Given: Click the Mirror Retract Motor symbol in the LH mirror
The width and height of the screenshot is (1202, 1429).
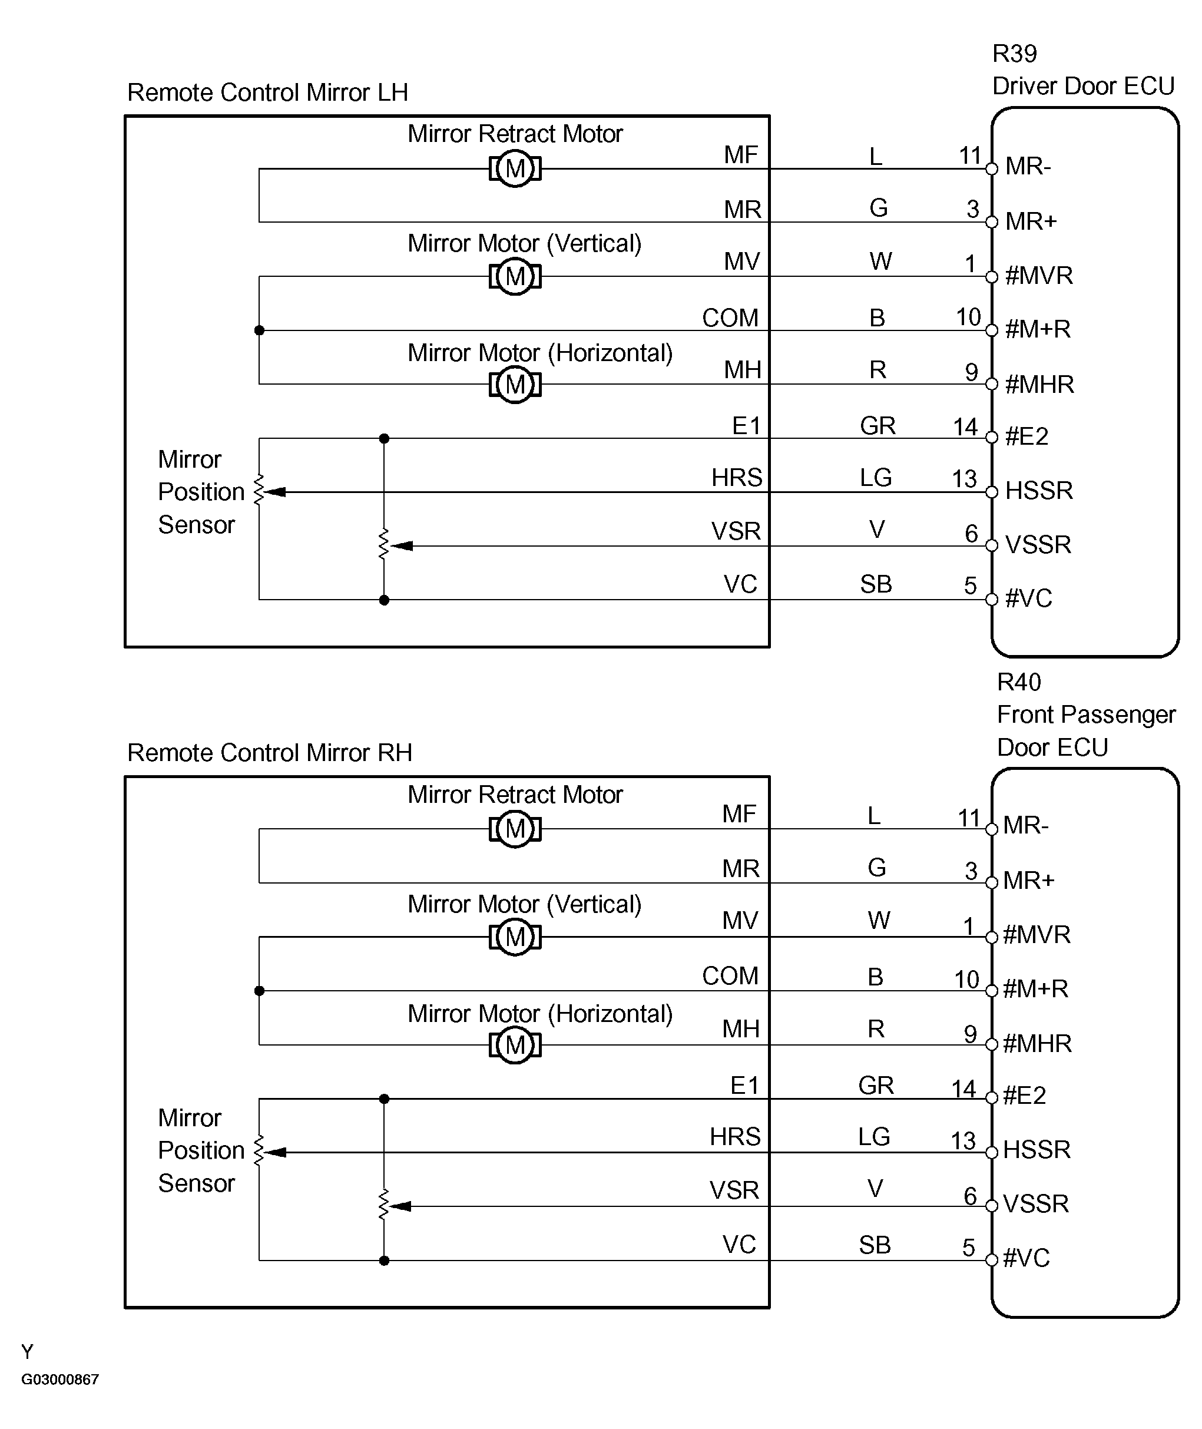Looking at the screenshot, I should (x=515, y=168).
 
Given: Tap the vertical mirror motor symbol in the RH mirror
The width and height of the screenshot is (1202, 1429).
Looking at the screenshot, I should (x=515, y=937).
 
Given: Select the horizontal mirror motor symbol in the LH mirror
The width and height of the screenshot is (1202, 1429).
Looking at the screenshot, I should (x=515, y=384).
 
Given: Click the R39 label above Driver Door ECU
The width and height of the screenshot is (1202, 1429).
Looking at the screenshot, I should (x=1015, y=54).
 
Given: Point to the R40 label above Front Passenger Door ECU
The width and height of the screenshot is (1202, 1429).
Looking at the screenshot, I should (x=1019, y=682).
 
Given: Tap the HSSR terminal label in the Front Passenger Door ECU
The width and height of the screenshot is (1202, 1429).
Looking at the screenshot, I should (x=1037, y=1150).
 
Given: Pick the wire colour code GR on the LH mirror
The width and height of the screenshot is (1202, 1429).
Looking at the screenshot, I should (x=878, y=426).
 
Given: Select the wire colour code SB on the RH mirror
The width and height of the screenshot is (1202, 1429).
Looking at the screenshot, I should (x=875, y=1246).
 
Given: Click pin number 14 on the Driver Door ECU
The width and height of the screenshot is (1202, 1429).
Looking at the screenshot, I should (x=966, y=427).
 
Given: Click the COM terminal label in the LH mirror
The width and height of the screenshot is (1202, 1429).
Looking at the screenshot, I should (x=730, y=318).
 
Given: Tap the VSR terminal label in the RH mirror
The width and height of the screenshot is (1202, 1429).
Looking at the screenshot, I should (x=734, y=1190).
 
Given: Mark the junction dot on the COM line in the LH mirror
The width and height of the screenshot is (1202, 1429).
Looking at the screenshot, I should (x=259, y=330).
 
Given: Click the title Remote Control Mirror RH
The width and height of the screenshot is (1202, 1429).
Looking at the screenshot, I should (x=270, y=753).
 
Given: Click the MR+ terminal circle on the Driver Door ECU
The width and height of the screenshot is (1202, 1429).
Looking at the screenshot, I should (x=992, y=222).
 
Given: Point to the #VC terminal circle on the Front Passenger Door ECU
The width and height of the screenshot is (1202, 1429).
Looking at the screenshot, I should (x=992, y=1260).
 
